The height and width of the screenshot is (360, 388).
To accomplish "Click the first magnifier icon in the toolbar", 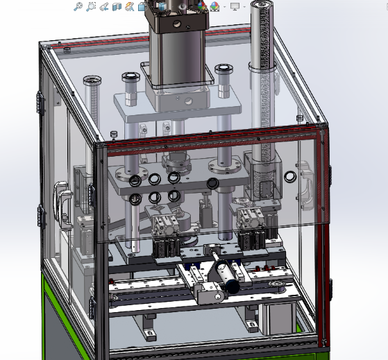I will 79,6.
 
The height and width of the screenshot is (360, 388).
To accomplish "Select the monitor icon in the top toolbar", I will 235,6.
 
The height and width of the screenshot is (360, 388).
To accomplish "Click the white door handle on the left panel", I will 62,203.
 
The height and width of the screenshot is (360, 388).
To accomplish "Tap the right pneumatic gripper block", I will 249,221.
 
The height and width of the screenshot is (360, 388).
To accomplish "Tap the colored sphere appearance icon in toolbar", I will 214,6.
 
